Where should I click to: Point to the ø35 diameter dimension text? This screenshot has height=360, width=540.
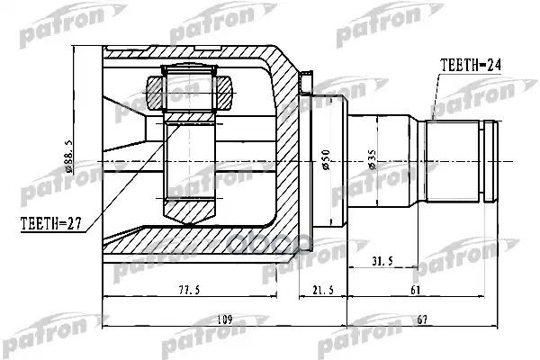point(372,162)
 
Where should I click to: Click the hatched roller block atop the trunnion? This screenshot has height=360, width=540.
point(189,93)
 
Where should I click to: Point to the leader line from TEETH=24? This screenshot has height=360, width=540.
point(436,94)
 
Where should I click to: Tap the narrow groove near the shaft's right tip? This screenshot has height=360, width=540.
point(487,162)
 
